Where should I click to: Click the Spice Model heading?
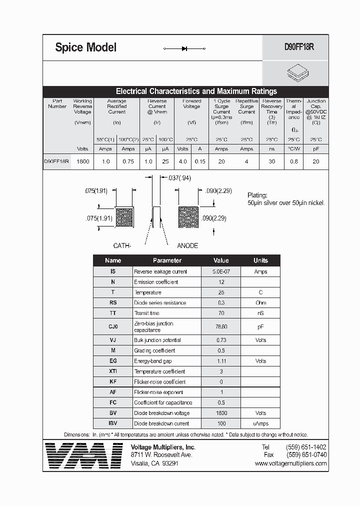coord(85,47)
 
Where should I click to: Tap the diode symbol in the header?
coord(184,48)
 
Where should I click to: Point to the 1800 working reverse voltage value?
coord(82,161)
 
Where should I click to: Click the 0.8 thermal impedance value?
coord(294,161)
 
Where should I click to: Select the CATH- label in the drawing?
coord(122,245)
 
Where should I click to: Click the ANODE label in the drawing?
coord(187,245)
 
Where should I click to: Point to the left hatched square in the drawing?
coord(124,217)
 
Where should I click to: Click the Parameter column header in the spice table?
coord(167,260)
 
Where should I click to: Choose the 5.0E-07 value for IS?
coord(221,271)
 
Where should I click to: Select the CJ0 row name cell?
coord(113,326)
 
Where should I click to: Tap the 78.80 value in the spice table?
coord(221,326)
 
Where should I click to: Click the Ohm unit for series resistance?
coord(260,303)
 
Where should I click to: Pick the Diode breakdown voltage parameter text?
coord(161,413)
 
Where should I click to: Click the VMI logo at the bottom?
coord(83,456)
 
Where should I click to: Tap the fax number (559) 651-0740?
coord(306,455)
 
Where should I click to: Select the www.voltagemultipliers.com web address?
coord(290,463)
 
